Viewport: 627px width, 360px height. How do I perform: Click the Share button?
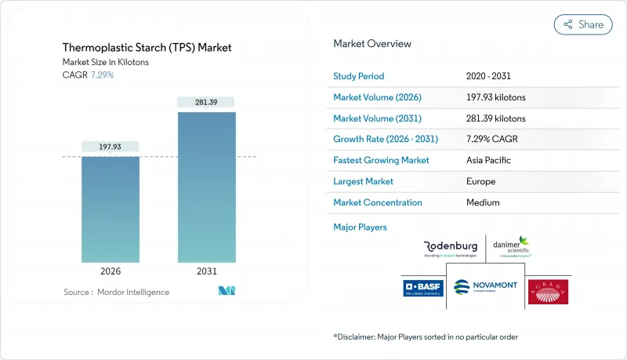tap(583, 24)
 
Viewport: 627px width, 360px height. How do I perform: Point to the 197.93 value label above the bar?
tap(111, 147)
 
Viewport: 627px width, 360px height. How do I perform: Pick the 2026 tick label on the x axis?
tap(111, 272)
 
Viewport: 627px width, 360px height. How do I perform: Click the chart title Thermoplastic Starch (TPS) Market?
tap(147, 48)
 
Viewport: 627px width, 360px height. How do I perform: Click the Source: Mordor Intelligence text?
tap(116, 292)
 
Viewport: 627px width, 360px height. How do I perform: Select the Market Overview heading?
tap(372, 44)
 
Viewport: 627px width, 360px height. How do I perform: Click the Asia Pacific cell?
tap(488, 160)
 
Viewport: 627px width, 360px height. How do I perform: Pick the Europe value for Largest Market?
tap(481, 181)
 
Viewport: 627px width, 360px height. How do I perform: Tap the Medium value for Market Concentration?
tap(483, 202)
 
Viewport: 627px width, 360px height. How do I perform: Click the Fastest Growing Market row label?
tap(382, 160)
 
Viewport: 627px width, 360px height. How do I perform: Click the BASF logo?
tap(423, 289)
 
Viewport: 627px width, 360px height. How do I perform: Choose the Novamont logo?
tap(485, 287)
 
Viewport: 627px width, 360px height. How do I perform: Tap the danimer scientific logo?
tap(515, 248)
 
